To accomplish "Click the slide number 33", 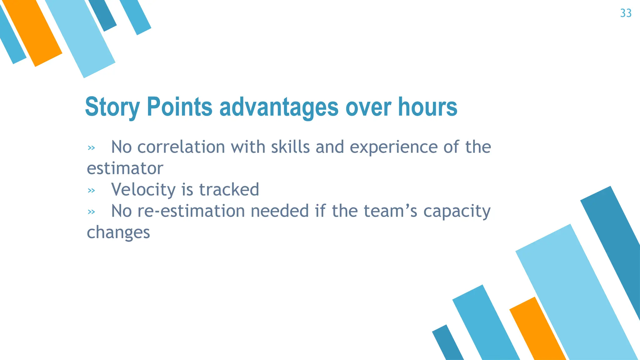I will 626,13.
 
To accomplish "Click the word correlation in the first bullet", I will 181,147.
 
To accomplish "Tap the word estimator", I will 125,168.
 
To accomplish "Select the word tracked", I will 229,189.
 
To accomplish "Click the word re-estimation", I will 191,211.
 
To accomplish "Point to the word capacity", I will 457,211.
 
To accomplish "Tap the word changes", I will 118,232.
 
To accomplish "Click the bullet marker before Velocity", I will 91,191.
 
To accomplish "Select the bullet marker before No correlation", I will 91,148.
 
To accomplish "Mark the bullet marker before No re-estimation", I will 91,212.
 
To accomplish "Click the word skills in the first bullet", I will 290,147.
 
